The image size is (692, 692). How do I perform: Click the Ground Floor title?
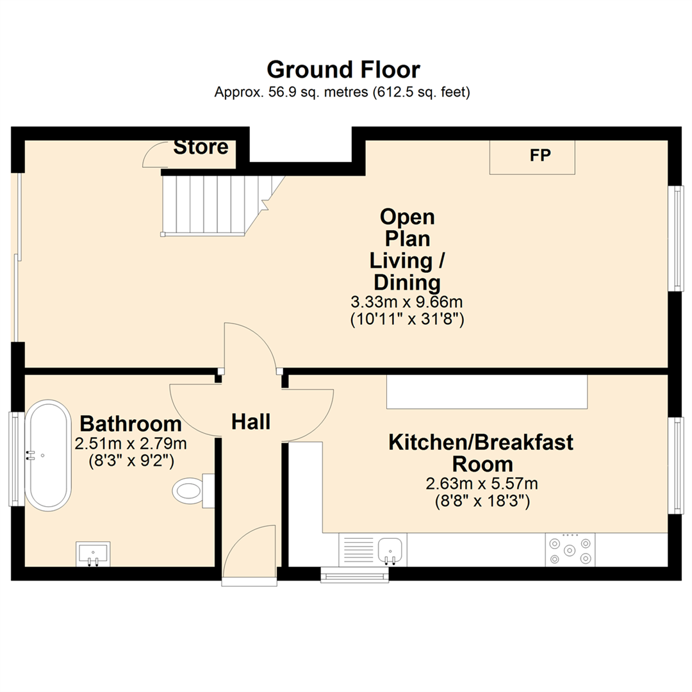(x=343, y=70)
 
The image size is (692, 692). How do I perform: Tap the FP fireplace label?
(x=540, y=155)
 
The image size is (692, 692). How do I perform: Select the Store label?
(x=201, y=147)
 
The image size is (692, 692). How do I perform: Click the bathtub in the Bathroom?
(x=48, y=456)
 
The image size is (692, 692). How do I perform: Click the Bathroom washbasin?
(x=93, y=554)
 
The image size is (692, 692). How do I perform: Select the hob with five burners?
(x=570, y=550)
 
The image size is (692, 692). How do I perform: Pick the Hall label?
(x=251, y=422)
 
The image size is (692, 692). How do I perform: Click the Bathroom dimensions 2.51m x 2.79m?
(x=131, y=443)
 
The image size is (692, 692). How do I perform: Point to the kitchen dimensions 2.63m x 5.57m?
(x=482, y=484)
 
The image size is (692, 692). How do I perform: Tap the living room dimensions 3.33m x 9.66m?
(x=406, y=302)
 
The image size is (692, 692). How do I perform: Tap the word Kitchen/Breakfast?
(x=481, y=442)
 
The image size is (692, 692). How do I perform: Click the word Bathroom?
(x=131, y=424)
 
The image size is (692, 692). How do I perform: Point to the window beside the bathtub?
(x=16, y=459)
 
